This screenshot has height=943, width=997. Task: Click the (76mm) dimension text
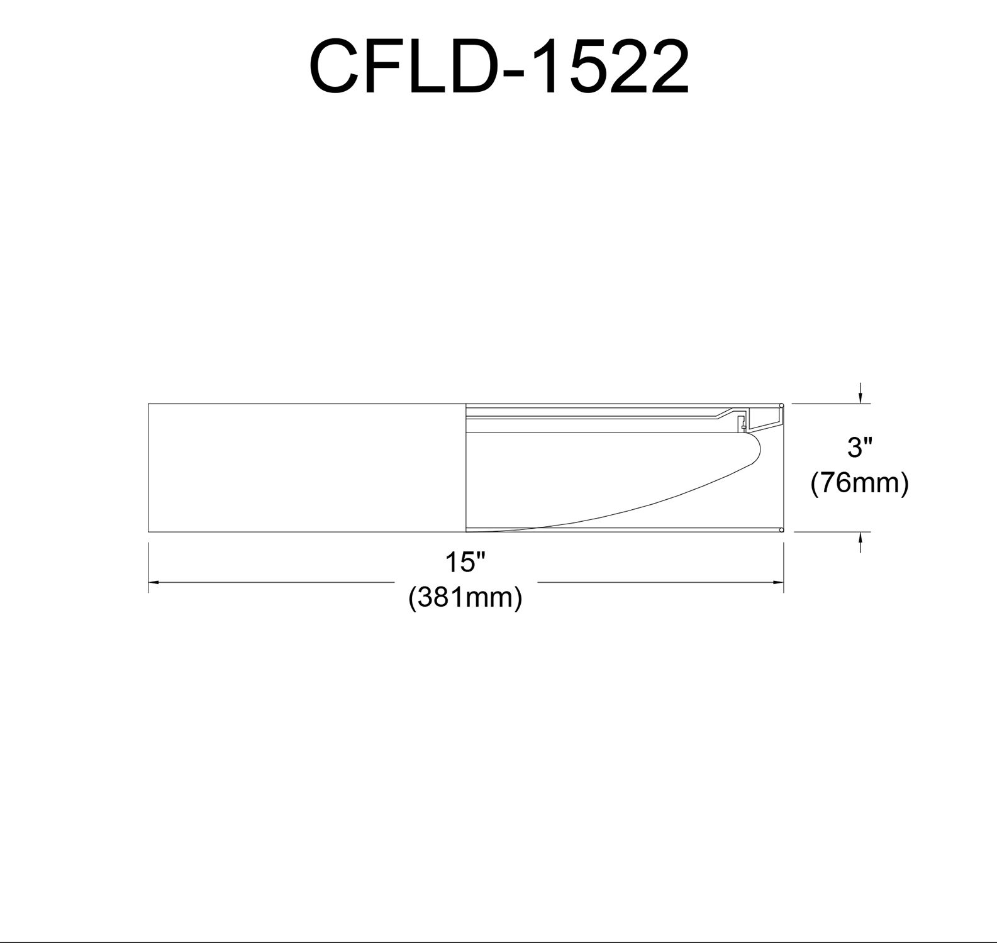click(859, 484)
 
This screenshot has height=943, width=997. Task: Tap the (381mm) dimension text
click(465, 597)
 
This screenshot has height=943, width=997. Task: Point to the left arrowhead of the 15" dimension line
click(153, 583)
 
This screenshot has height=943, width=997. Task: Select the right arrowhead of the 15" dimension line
click(779, 583)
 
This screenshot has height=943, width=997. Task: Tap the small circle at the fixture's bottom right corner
click(781, 531)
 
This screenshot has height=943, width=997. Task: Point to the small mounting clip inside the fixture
click(742, 422)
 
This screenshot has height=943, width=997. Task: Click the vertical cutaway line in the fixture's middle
click(465, 468)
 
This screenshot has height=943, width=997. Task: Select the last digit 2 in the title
click(664, 66)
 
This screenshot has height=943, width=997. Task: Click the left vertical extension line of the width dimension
click(148, 568)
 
